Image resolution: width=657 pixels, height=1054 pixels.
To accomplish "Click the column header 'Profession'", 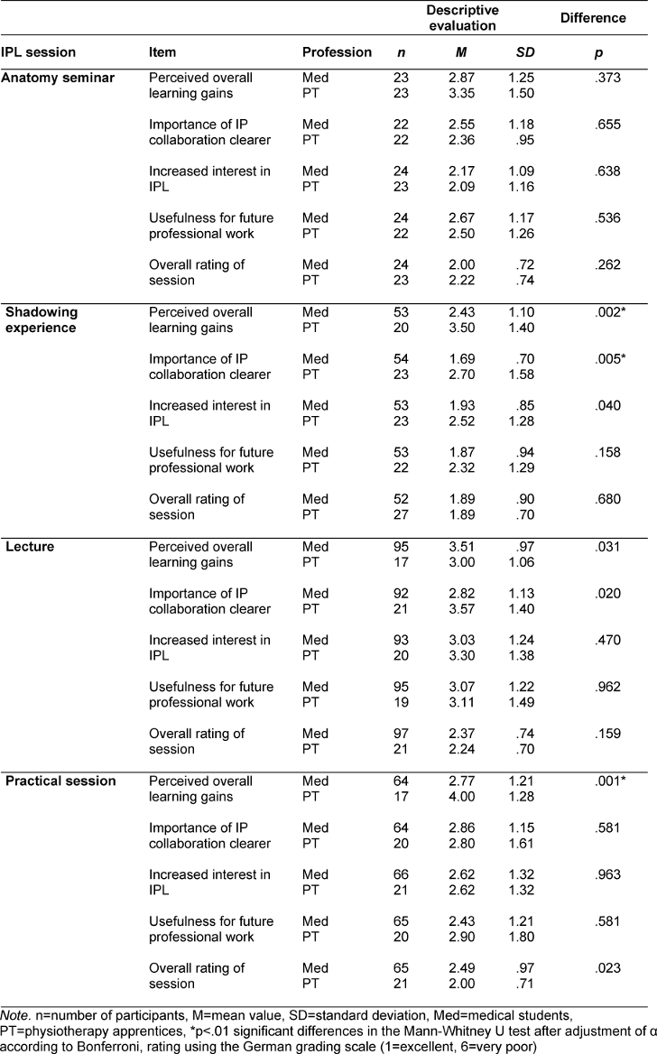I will [337, 52].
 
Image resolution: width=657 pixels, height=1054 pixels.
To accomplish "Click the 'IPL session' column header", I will [38, 52].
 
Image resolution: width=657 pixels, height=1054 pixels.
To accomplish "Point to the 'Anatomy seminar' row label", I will [58, 79].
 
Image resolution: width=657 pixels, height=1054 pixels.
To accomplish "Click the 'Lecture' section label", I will [30, 547].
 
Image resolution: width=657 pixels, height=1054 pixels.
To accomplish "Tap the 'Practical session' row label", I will [60, 781].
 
